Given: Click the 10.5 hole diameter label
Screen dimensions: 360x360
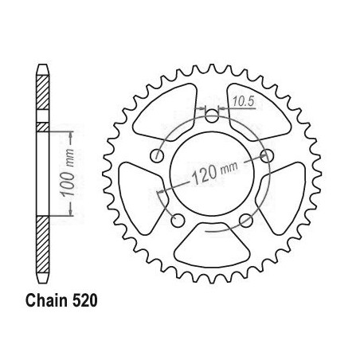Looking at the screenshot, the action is (244, 101).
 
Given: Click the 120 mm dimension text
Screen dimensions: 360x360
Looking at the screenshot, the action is (214, 173).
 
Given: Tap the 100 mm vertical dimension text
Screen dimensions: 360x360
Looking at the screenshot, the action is (68, 173).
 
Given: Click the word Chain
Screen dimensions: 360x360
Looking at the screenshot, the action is (46, 301).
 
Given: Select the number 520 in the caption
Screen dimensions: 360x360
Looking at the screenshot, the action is (85, 301).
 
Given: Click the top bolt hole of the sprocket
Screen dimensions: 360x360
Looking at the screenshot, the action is (212, 115).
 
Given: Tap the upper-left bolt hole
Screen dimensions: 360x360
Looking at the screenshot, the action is (157, 155).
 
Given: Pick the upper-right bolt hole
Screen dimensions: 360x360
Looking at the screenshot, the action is (267, 155).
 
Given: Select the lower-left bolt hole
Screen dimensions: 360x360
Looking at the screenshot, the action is (178, 221).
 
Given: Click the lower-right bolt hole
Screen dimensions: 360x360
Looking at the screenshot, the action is (246, 221).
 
